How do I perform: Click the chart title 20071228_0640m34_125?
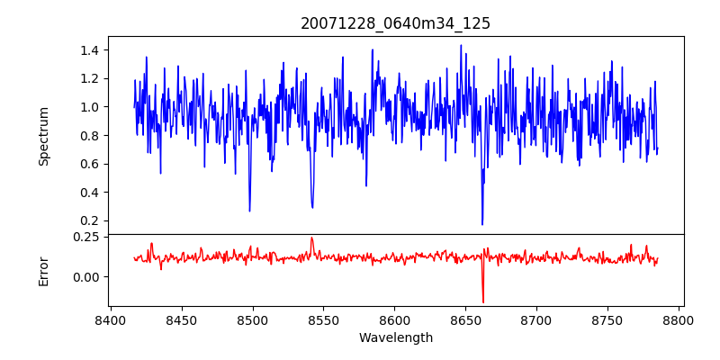tap(395, 23)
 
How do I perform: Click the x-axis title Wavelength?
tap(395, 337)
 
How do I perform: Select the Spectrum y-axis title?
tap(44, 136)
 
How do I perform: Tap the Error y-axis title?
tap(44, 271)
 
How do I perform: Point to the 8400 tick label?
tap(110, 319)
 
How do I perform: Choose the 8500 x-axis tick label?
tap(252, 319)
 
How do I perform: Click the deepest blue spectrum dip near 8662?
tap(482, 224)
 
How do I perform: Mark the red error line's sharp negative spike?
tap(483, 302)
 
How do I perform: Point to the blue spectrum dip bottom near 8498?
tap(249, 211)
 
